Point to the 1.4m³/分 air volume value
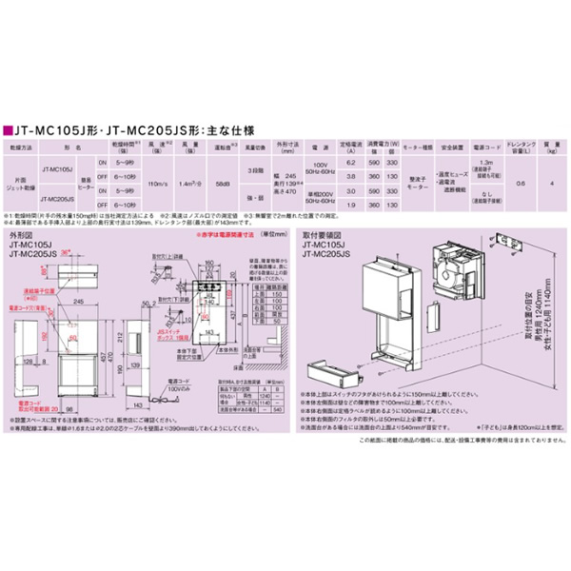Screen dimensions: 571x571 pyautogui.click(x=189, y=182)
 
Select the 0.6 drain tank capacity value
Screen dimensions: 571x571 pyautogui.click(x=519, y=182)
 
